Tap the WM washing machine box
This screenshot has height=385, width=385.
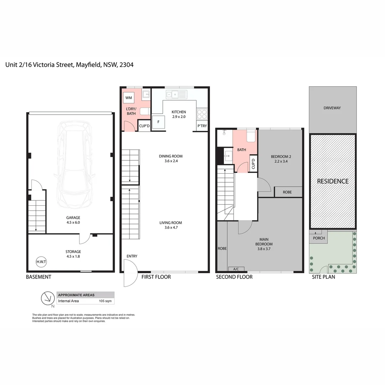pyautogui.click(x=129, y=98)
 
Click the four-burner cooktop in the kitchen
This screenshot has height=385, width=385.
pyautogui.click(x=202, y=114)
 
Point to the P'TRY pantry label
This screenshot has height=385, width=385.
pyautogui.click(x=202, y=126)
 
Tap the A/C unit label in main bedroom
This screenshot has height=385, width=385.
pyautogui.click(x=236, y=269)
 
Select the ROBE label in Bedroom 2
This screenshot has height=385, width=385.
pyautogui.click(x=287, y=192)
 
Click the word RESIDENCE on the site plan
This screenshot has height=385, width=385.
pyautogui.click(x=333, y=181)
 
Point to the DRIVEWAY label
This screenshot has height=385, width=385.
pyautogui.click(x=332, y=108)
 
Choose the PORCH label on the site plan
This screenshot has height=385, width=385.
pyautogui.click(x=319, y=238)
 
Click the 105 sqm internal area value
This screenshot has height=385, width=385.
pyautogui.click(x=106, y=301)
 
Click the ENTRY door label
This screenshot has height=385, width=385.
pyautogui.click(x=132, y=256)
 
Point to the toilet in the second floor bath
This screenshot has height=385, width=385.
pyautogui.click(x=251, y=137)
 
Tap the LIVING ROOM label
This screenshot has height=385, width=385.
pyautogui.click(x=171, y=223)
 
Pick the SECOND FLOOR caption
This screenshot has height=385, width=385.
pyautogui.click(x=234, y=277)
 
